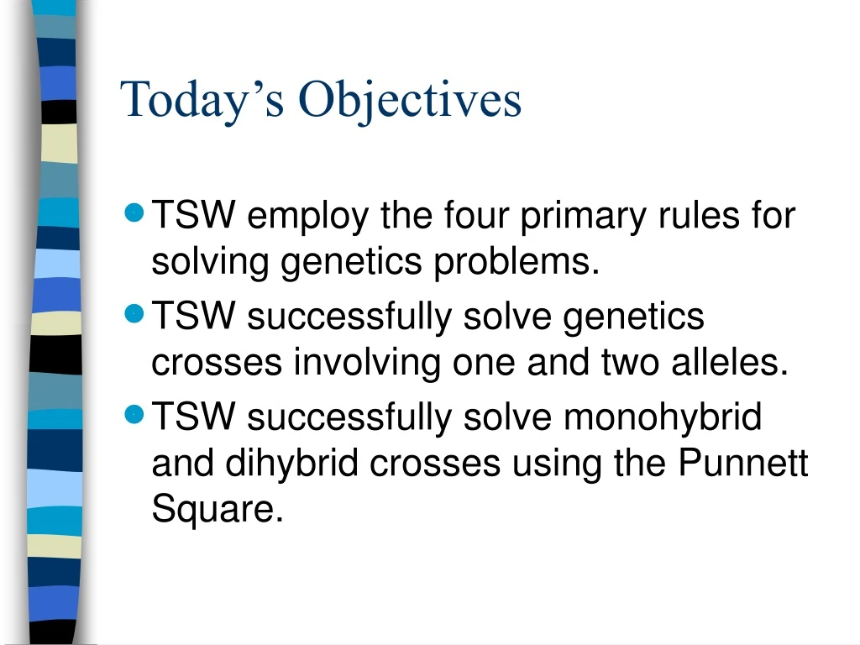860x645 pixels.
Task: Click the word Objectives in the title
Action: pyautogui.click(x=411, y=100)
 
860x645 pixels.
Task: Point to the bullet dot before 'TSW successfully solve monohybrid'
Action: pyautogui.click(x=133, y=413)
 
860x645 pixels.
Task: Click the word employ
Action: pyautogui.click(x=307, y=217)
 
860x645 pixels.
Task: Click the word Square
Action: pyautogui.click(x=217, y=509)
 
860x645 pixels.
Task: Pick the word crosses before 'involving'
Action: pyautogui.click(x=217, y=364)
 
